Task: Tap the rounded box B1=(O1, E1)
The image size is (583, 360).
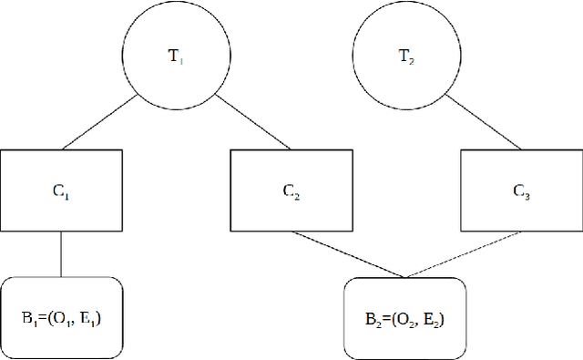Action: pos(62,316)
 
